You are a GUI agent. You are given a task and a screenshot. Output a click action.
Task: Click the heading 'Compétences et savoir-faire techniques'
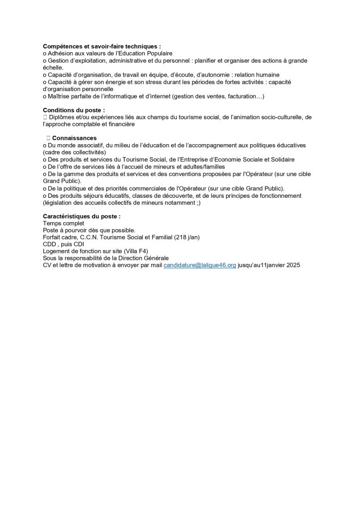click(x=101, y=46)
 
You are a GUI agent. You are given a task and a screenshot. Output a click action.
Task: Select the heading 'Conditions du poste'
click(x=74, y=110)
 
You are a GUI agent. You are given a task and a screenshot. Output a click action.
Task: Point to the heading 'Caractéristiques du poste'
click(x=82, y=217)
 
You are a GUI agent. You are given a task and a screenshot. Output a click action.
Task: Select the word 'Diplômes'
click(x=63, y=117)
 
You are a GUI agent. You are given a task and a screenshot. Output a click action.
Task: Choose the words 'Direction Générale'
click(x=140, y=258)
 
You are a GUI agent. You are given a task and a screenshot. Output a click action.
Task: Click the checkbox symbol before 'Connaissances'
click(x=47, y=138)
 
